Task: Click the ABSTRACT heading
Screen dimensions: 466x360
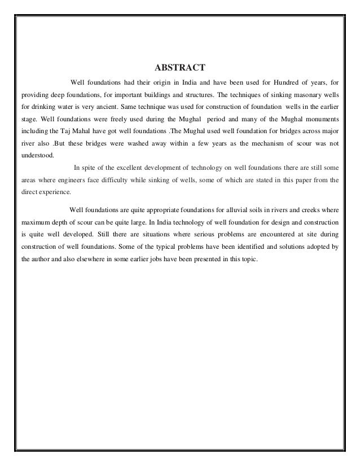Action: click(180, 68)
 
